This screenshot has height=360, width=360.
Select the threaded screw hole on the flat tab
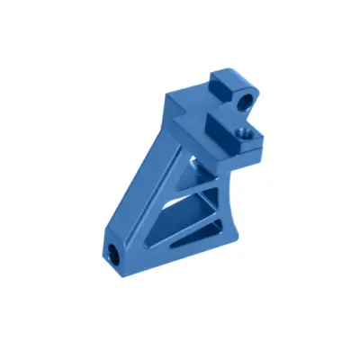(x=240, y=136)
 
